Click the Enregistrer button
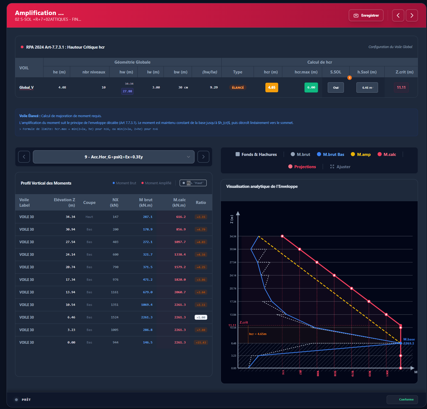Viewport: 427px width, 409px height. coord(366,15)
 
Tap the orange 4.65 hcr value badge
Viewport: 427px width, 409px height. coord(272,87)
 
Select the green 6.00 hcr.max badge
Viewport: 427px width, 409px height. coord(311,87)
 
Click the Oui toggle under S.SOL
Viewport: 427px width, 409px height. coord(336,88)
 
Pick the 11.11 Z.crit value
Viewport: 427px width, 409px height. coord(401,87)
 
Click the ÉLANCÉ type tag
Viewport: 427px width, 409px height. coord(238,87)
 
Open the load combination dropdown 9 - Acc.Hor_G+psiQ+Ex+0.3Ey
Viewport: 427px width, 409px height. coord(114,157)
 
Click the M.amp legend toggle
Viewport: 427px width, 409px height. coord(361,154)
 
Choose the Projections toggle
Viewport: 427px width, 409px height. coord(302,167)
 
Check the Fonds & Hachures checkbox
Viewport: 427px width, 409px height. coord(238,154)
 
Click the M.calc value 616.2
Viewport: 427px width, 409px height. coord(181,217)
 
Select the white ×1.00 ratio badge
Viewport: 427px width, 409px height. coord(201,317)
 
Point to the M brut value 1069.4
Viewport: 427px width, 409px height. coord(147,305)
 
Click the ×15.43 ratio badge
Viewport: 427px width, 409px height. coord(201,342)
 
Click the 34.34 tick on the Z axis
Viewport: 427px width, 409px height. coord(233,236)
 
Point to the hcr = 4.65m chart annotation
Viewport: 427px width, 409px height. coord(257,334)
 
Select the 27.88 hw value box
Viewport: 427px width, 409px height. coord(127,91)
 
